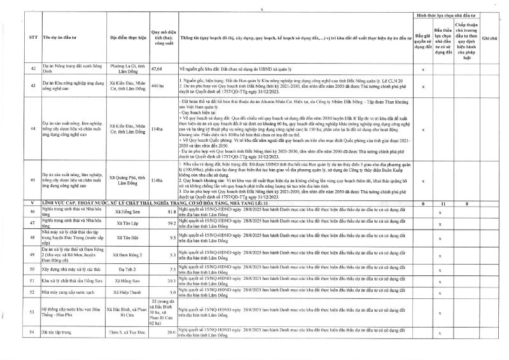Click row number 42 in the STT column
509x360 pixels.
(x=32, y=67)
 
